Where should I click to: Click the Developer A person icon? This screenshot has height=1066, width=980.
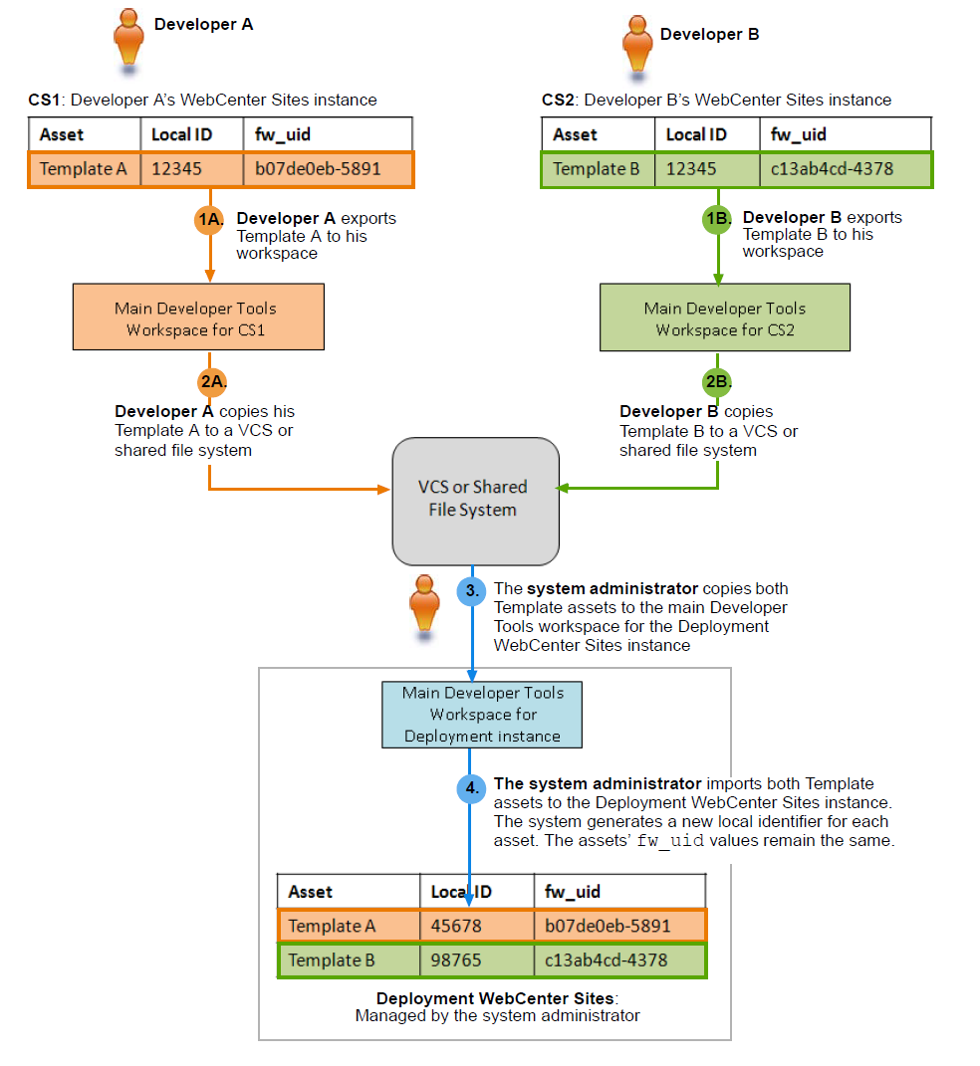point(128,41)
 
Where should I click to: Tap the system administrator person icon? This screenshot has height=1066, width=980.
point(424,606)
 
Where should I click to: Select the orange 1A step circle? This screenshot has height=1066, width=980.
point(209,220)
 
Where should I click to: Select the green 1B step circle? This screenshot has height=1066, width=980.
point(717,219)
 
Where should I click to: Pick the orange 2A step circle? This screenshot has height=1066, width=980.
point(212,381)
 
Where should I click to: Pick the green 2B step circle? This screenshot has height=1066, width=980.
point(717,381)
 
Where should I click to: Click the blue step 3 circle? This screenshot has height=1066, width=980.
point(471,591)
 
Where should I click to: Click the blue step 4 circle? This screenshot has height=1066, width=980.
point(471,788)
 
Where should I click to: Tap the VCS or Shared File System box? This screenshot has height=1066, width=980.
point(475,501)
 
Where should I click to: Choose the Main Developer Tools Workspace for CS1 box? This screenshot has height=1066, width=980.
point(198,317)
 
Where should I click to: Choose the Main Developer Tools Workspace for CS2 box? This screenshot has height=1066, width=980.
point(725,318)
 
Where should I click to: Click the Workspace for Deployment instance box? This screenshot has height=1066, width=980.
point(482,715)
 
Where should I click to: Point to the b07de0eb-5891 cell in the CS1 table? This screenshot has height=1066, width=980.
point(328,169)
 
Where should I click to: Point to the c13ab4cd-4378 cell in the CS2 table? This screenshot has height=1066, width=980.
point(846,169)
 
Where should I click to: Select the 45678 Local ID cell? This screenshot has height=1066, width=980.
point(477,926)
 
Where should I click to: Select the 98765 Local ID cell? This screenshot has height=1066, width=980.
point(477,959)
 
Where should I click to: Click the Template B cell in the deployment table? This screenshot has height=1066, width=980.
point(349,959)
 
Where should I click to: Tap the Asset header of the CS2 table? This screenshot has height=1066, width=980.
point(598,134)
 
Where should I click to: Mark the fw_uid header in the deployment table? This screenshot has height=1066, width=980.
point(619,891)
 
